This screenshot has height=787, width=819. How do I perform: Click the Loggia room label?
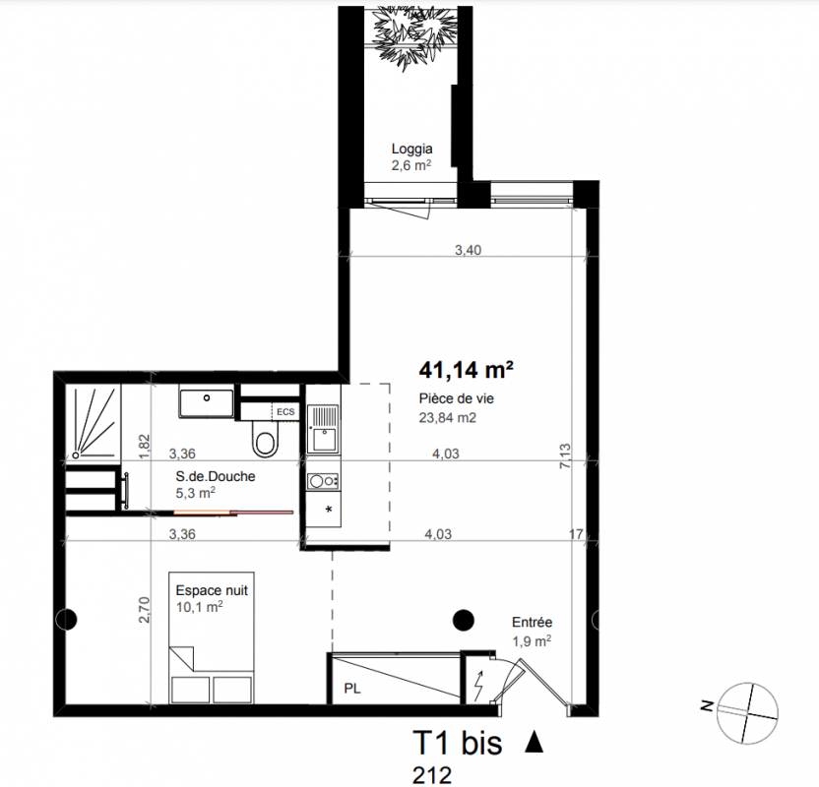click(411, 149)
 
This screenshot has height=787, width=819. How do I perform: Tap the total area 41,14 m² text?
click(466, 370)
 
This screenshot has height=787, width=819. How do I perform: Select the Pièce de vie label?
click(456, 398)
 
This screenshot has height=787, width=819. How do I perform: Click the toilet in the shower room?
click(266, 438)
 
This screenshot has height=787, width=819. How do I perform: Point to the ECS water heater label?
click(285, 412)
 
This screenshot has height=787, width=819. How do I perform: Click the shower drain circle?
click(76, 455)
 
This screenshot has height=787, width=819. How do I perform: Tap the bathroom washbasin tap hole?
click(207, 398)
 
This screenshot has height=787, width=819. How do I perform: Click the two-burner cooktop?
click(323, 481)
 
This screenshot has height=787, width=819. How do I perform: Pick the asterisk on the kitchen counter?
click(329, 510)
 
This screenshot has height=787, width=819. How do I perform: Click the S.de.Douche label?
click(216, 476)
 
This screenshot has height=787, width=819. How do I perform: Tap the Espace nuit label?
click(212, 591)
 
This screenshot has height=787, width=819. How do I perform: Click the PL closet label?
click(352, 689)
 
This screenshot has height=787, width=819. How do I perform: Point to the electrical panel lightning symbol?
click(478, 686)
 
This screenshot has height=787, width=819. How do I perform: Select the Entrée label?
click(532, 622)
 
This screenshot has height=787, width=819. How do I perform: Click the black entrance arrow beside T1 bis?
click(534, 742)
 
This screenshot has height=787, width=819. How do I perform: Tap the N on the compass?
click(707, 706)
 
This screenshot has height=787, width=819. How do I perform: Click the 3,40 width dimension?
click(468, 250)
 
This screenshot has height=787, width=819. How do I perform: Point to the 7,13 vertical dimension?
click(565, 455)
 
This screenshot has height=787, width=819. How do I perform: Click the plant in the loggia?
click(412, 36)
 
